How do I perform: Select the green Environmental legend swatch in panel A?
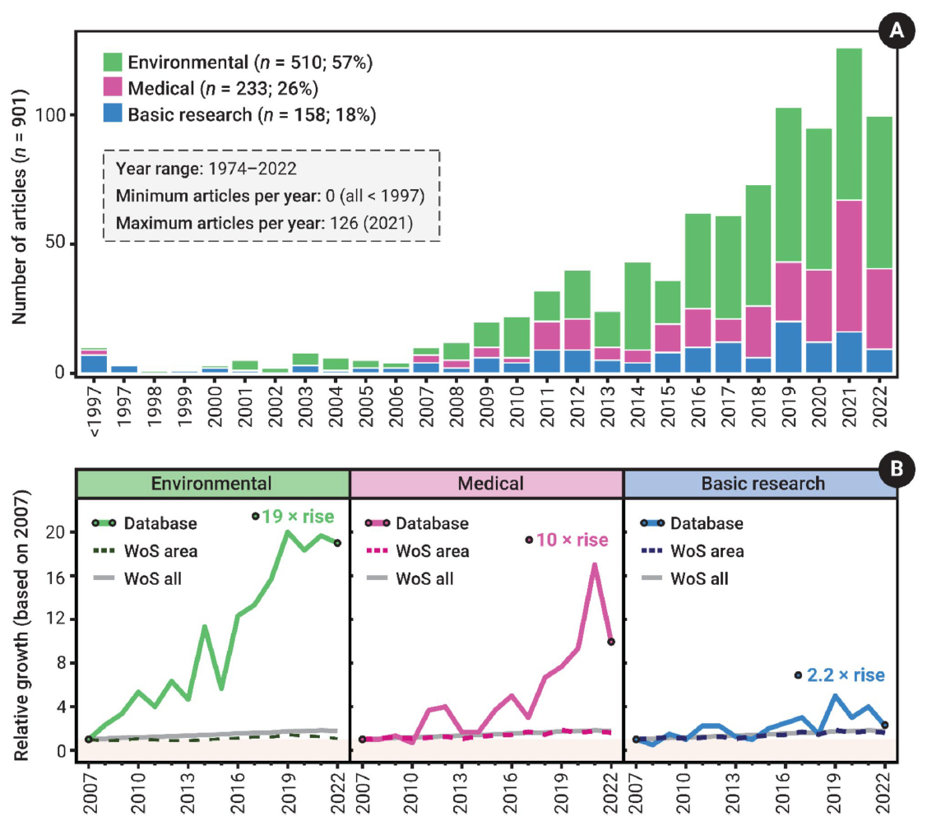tap(113, 62)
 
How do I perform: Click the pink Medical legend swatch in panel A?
tap(113, 88)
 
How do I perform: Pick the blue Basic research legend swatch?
tap(113, 114)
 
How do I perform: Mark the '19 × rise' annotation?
tap(299, 517)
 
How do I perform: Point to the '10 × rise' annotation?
tap(572, 540)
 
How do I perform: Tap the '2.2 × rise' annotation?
tap(846, 675)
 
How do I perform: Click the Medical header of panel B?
tap(487, 483)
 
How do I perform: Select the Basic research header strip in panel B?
tap(761, 483)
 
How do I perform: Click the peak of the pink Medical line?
tap(593, 564)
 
